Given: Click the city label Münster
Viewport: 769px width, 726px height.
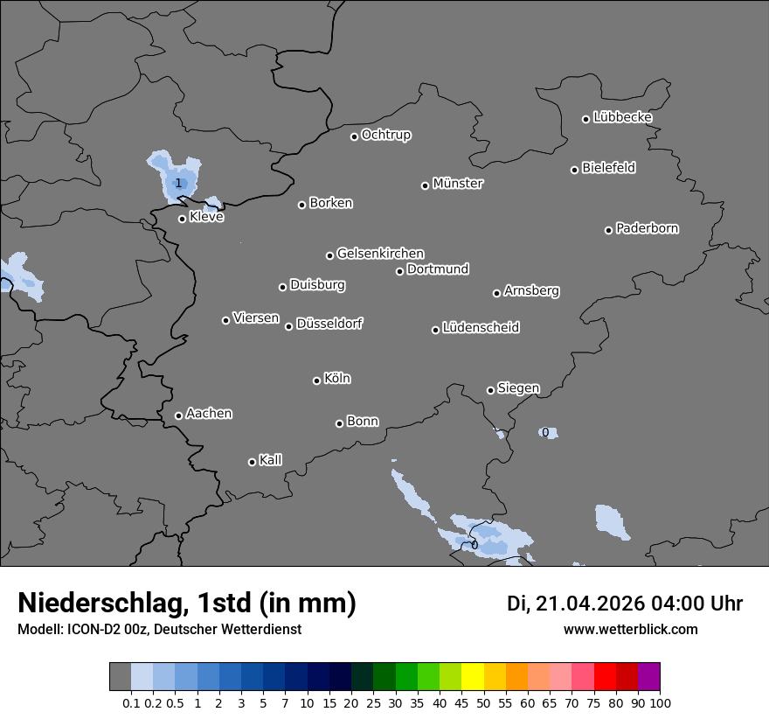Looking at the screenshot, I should click(458, 184).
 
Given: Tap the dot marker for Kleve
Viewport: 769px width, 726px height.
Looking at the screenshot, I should click(182, 219).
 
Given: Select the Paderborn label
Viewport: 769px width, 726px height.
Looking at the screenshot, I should click(648, 228).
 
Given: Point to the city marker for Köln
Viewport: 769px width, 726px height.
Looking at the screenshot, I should click(316, 380).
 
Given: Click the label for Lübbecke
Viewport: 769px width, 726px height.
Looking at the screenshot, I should click(622, 117).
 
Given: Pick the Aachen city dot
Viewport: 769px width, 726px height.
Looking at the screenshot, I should click(178, 415).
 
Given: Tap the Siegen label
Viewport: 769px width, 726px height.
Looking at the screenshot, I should click(518, 388).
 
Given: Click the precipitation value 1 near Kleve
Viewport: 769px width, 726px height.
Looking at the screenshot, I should click(178, 183).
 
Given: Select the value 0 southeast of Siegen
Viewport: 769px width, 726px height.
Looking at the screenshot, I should click(545, 432).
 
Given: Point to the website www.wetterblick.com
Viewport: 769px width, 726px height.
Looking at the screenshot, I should click(630, 629).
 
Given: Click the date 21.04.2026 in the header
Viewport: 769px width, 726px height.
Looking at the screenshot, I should click(590, 604).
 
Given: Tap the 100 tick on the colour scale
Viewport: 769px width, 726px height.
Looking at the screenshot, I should click(660, 702).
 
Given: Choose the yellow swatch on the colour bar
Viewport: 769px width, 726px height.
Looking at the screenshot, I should click(472, 677).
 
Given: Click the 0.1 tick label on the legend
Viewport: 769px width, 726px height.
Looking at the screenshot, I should click(131, 702).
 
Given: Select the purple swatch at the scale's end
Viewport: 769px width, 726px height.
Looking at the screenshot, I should click(648, 677).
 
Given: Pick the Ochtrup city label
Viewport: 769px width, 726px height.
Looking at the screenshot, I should click(385, 135).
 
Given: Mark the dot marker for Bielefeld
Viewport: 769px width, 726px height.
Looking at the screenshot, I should click(574, 170).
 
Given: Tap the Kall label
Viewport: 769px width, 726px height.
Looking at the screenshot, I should click(271, 460).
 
